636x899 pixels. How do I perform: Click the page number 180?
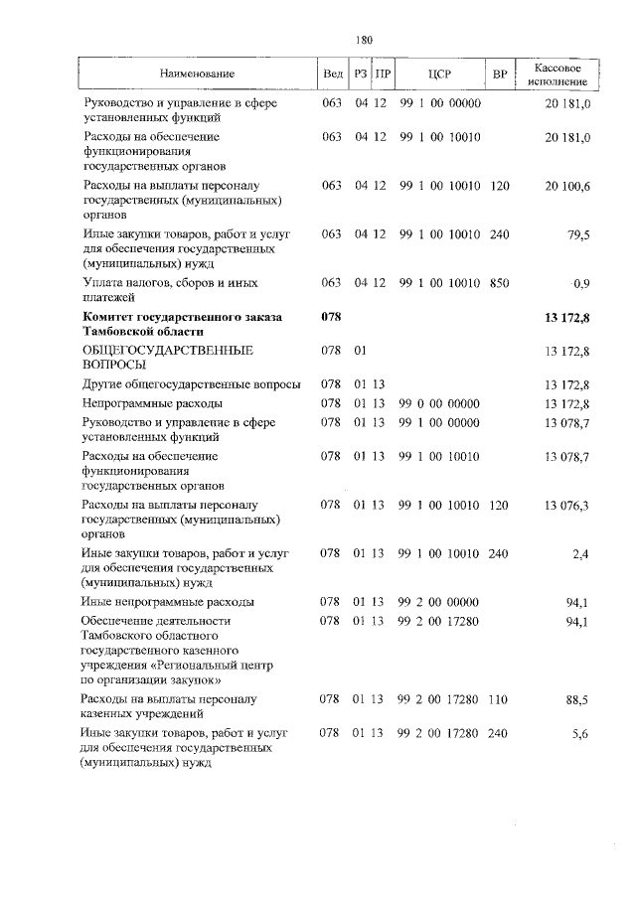click(363, 40)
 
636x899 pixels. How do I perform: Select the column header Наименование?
click(196, 75)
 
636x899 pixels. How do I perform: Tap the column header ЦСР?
click(440, 75)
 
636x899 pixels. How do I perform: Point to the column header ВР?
click(499, 75)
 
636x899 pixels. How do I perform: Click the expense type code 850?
click(499, 284)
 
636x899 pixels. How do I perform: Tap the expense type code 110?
click(499, 699)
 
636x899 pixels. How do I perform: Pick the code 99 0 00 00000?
click(440, 404)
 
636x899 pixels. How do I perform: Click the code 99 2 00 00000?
click(440, 602)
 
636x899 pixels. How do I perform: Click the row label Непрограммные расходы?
click(152, 404)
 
